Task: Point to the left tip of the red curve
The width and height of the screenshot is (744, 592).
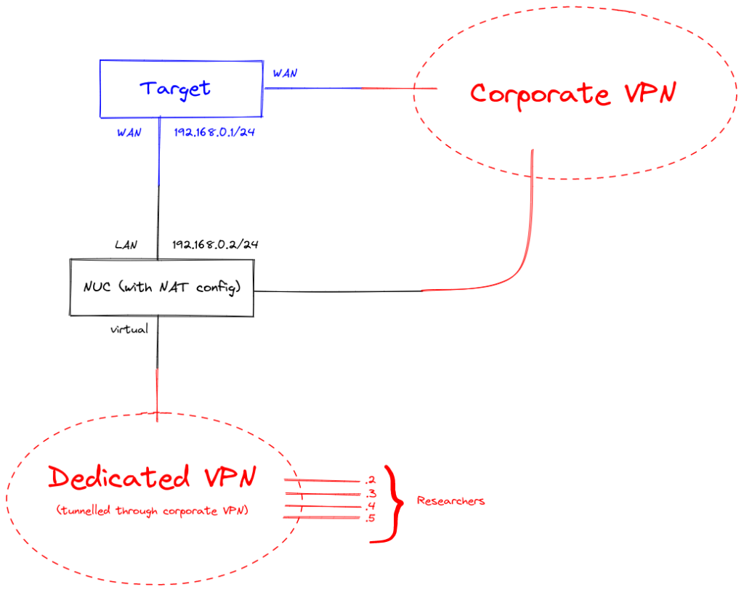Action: pyautogui.click(x=423, y=291)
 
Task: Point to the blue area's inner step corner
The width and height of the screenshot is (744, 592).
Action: pyautogui.click(x=160, y=187)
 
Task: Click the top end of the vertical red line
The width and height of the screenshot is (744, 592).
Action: pyautogui.click(x=156, y=370)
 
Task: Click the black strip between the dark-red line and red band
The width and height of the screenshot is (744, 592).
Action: pyautogui.click(x=436, y=389)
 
